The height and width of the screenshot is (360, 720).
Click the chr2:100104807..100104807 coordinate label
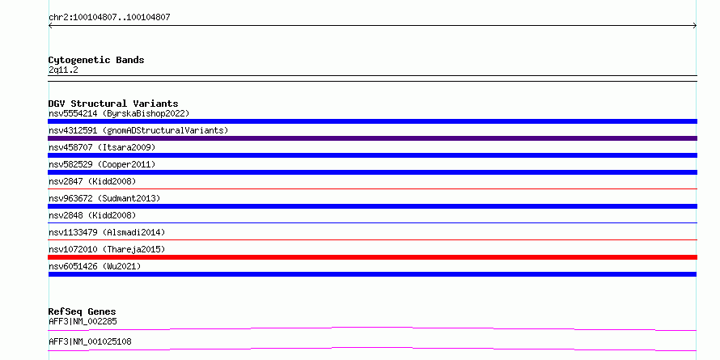click(109, 18)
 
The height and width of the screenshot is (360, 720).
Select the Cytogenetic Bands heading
click(96, 60)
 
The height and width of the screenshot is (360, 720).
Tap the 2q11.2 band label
click(63, 70)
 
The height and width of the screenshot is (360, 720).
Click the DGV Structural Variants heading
click(113, 104)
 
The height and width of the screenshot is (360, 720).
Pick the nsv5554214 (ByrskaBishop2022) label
click(119, 113)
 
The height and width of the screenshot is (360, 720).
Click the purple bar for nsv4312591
click(372, 138)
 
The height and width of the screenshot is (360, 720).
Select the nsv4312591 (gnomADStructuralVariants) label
click(138, 130)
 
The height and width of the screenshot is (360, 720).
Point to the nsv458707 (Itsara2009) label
click(102, 147)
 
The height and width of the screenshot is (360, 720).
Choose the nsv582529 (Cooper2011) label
click(102, 164)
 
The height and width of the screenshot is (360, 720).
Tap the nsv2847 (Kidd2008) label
click(92, 181)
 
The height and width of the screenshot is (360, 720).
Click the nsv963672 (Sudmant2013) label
click(104, 198)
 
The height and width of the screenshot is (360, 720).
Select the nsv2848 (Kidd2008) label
click(92, 215)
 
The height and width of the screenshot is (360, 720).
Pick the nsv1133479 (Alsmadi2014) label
click(107, 232)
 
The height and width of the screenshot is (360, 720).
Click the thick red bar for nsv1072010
click(372, 257)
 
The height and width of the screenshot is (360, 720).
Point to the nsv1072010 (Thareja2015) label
click(107, 249)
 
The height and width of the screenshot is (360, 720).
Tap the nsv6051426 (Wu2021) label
click(95, 266)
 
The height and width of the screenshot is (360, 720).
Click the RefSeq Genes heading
click(82, 311)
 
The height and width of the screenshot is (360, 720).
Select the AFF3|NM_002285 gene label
click(83, 321)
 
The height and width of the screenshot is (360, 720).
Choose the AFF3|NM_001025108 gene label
click(90, 341)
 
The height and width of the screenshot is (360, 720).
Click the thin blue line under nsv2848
click(372, 222)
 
